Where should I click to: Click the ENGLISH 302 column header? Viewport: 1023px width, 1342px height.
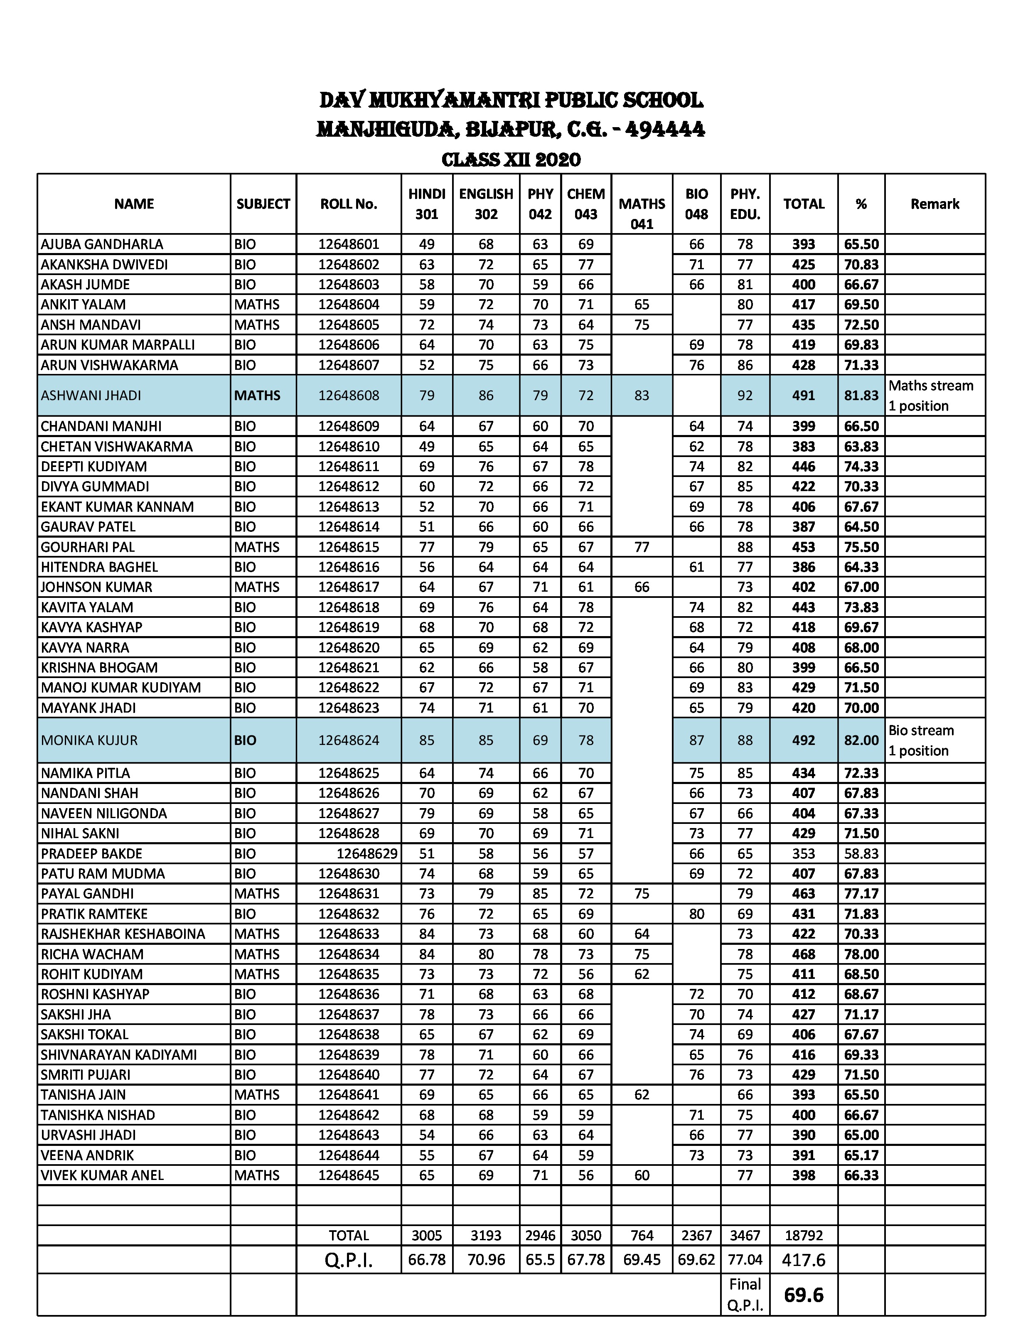[x=486, y=204]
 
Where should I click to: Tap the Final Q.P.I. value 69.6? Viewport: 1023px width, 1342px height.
[x=803, y=1295]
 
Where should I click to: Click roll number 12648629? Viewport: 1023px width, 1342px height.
[x=366, y=854]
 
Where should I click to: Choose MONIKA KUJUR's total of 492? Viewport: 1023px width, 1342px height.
[x=803, y=740]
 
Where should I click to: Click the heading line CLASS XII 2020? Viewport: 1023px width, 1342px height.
[x=511, y=160]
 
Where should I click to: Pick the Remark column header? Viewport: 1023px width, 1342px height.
[x=935, y=204]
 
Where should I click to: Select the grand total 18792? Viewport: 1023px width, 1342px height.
[x=803, y=1236]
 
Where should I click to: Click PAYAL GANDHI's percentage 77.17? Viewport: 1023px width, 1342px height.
[x=861, y=894]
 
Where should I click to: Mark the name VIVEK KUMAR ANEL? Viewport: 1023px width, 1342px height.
[x=102, y=1175]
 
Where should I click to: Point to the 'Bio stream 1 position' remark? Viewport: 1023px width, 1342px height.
[x=921, y=740]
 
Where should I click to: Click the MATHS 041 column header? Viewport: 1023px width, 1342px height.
[x=642, y=213]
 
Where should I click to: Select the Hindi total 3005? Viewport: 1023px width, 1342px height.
[x=426, y=1236]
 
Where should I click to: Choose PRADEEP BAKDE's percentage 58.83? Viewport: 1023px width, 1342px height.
[x=861, y=854]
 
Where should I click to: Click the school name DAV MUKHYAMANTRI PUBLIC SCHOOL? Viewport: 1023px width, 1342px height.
[x=511, y=101]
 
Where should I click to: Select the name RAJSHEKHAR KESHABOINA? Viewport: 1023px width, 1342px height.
[x=123, y=934]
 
